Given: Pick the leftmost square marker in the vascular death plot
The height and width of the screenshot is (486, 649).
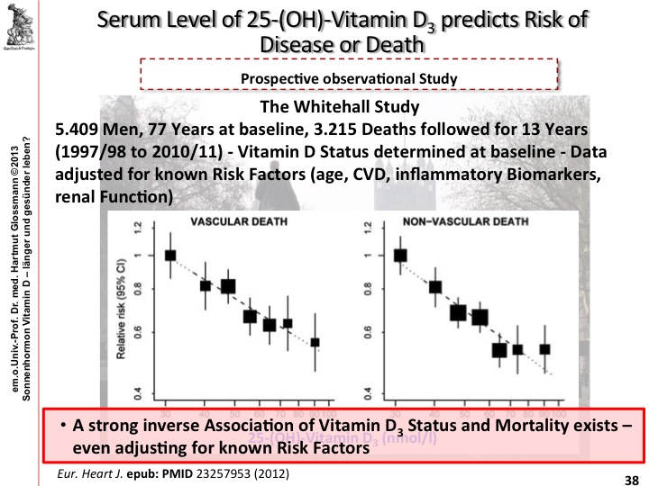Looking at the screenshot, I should tap(169, 255).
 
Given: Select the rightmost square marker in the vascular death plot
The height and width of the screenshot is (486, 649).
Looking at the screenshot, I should tap(315, 342).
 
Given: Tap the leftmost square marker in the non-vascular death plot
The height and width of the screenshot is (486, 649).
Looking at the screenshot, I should tap(401, 255).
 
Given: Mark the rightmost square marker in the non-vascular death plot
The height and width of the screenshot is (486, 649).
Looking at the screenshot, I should tap(544, 348).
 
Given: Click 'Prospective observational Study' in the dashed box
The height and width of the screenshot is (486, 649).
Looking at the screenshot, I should tap(350, 78).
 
